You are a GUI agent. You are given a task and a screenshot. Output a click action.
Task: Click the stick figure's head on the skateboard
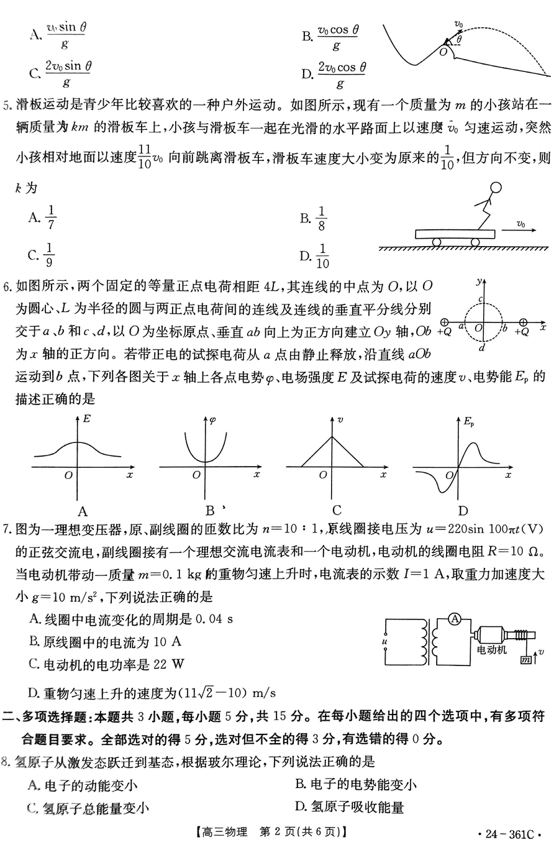(496, 188)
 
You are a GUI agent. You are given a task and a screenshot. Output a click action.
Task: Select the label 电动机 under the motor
(491, 650)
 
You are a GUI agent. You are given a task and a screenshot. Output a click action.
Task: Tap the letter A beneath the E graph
(82, 511)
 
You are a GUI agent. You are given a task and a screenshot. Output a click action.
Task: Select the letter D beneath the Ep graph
(462, 511)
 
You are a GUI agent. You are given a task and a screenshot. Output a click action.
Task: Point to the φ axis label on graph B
(212, 419)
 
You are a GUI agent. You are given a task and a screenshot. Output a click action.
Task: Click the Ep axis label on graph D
(468, 422)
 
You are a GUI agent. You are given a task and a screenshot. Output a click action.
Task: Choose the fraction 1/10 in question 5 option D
(322, 255)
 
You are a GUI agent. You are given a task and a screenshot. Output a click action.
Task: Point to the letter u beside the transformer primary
(384, 639)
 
